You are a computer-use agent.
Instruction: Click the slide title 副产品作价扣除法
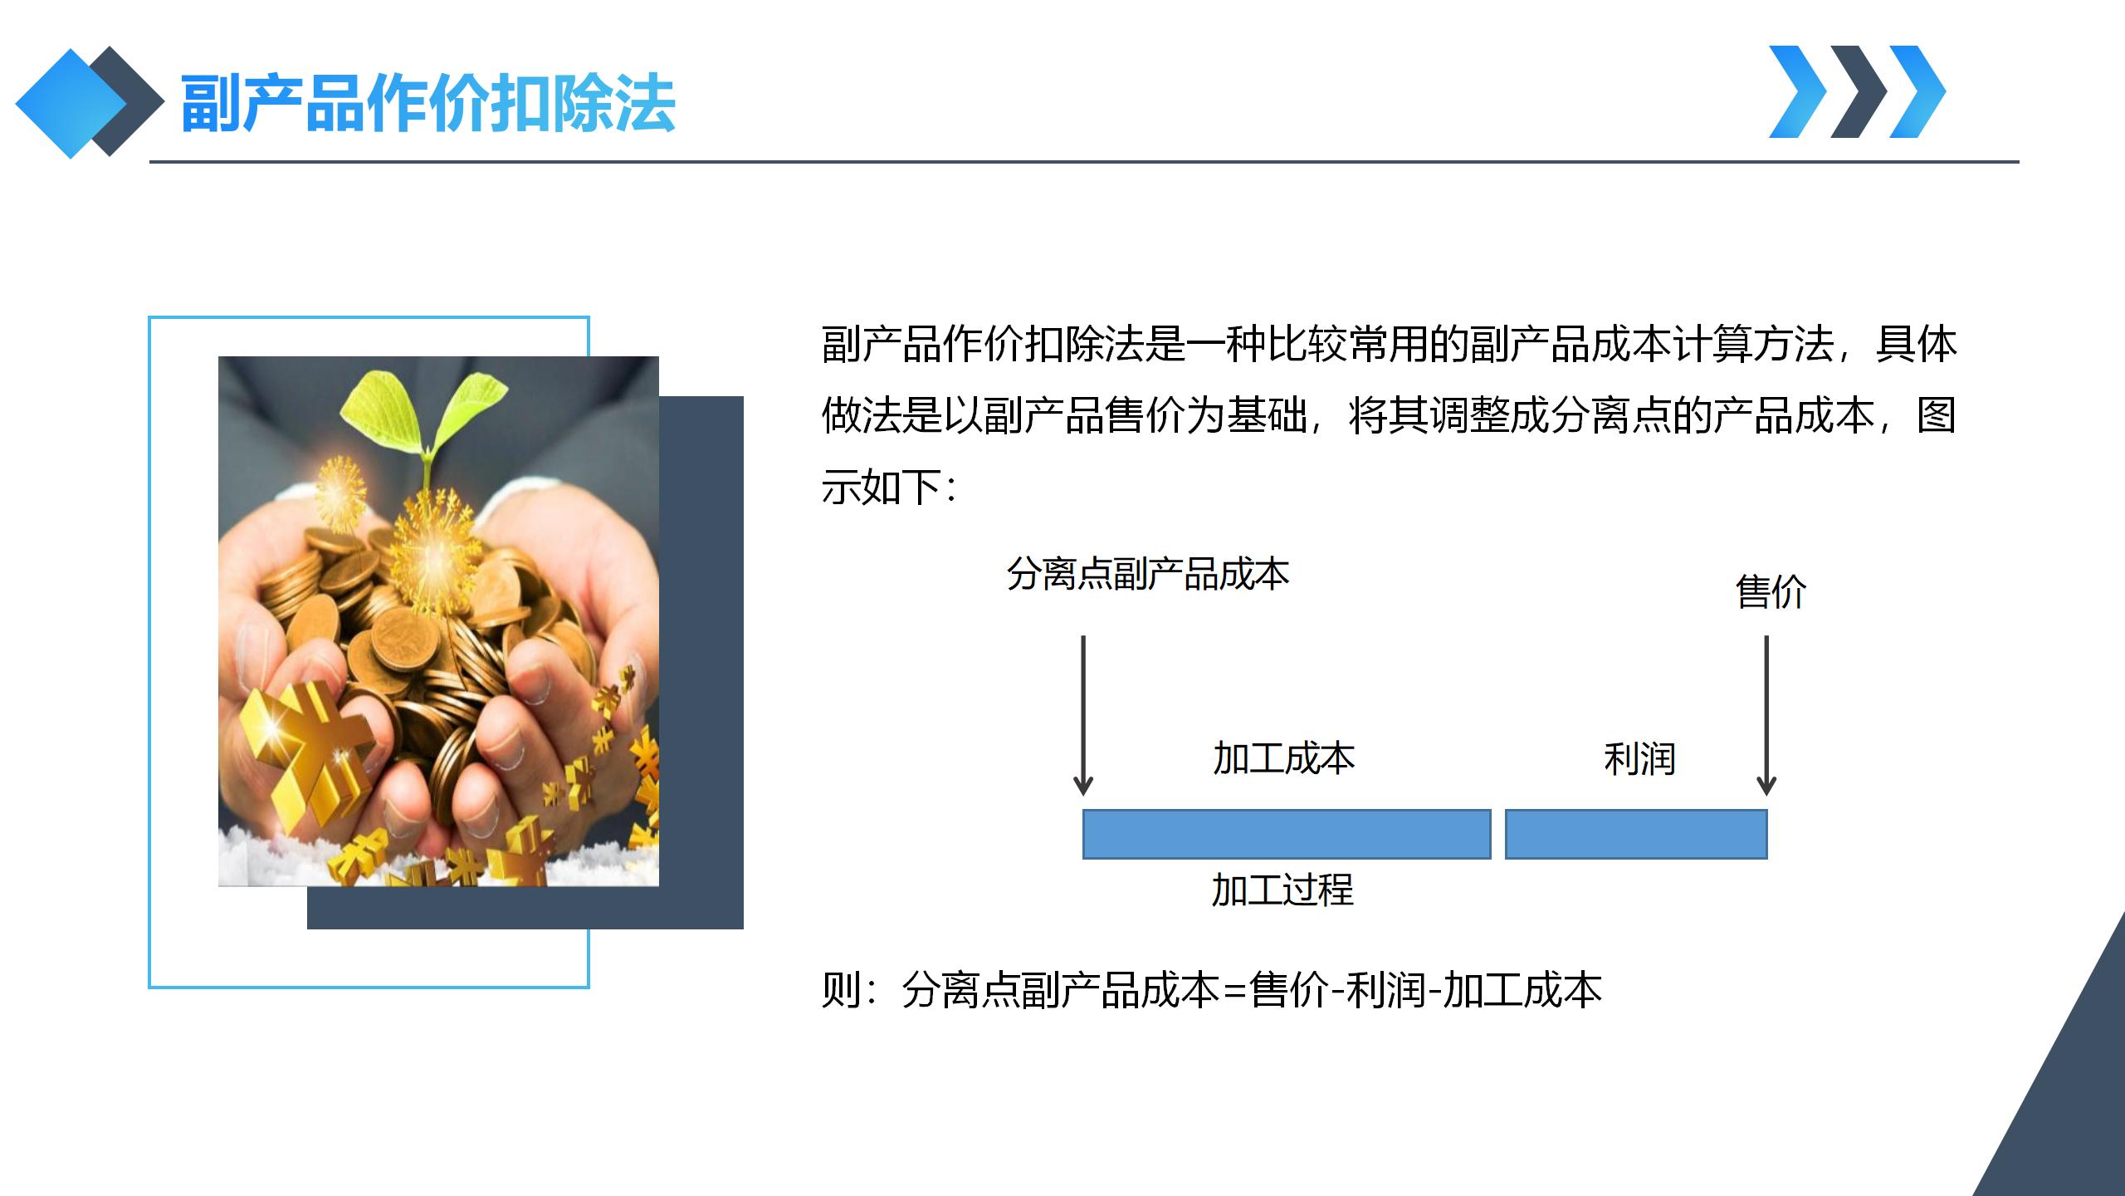[x=427, y=103]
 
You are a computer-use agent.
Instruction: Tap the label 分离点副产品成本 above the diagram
[x=1148, y=574]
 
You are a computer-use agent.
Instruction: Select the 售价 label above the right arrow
[x=1771, y=592]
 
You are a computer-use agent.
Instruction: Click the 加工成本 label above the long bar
[x=1283, y=758]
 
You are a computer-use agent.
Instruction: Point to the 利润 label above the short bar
[x=1639, y=759]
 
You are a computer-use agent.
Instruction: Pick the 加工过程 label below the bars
[x=1282, y=890]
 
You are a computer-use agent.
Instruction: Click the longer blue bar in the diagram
[x=1287, y=834]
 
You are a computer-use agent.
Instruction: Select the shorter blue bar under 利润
[x=1636, y=834]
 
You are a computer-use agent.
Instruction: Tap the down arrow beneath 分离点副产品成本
[x=1083, y=715]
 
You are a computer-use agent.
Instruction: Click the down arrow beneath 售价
[x=1766, y=715]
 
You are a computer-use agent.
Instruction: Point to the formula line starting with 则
[x=1212, y=990]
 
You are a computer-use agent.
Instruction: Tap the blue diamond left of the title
[x=71, y=104]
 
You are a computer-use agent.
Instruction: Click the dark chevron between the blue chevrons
[x=1859, y=91]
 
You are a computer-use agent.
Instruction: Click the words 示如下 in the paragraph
[x=882, y=487]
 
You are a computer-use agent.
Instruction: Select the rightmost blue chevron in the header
[x=1918, y=91]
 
